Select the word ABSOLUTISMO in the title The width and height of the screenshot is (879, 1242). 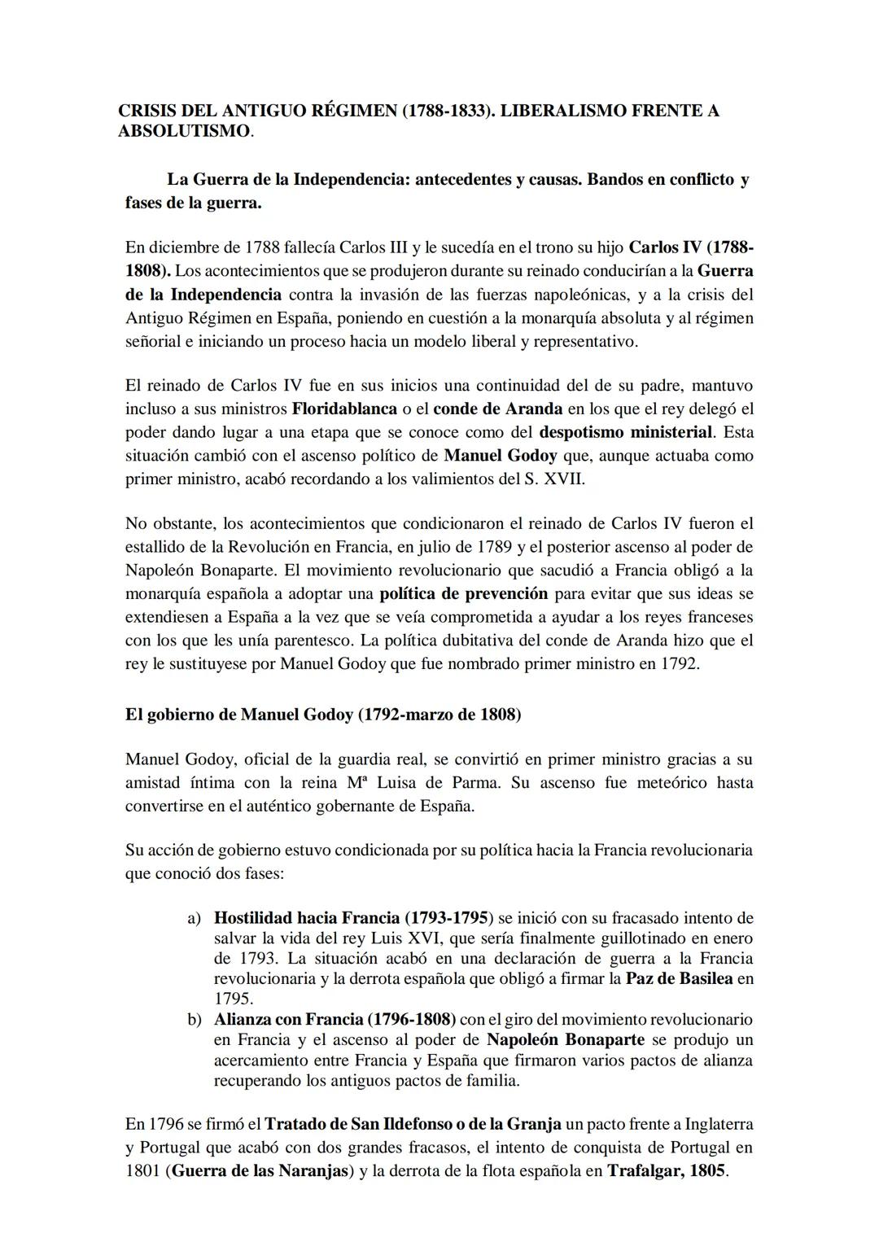[x=184, y=132]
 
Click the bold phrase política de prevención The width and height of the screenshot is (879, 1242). [x=463, y=593]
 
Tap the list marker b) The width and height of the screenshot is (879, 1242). [x=194, y=1020]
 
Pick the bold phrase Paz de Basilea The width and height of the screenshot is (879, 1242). [x=679, y=979]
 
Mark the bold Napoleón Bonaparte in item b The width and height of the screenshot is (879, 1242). [x=566, y=1040]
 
